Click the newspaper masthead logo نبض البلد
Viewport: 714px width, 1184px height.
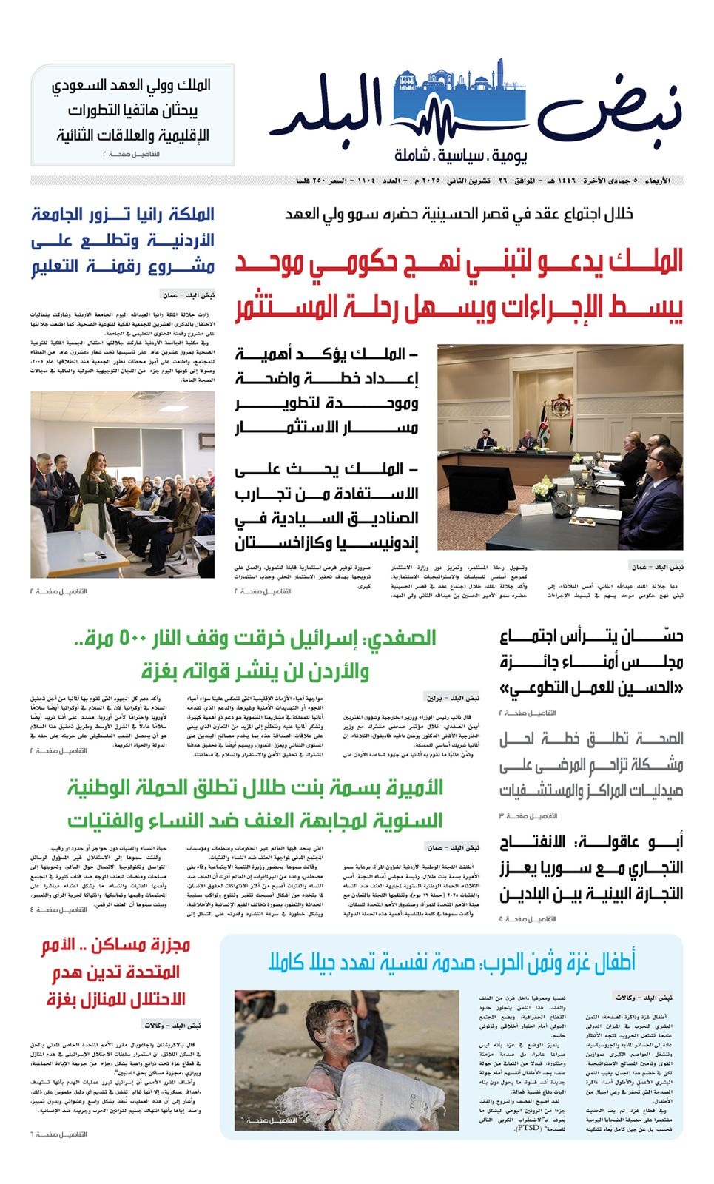point(474,111)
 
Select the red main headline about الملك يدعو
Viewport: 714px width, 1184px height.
point(459,285)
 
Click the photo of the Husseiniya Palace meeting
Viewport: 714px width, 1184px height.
point(560,446)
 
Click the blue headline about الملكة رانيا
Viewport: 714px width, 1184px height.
point(123,240)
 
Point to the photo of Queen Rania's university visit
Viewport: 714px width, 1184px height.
point(123,484)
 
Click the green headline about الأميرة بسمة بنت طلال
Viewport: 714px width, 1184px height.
point(255,804)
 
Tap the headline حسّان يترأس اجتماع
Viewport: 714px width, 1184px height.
point(591,662)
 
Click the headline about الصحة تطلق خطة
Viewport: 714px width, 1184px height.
point(591,764)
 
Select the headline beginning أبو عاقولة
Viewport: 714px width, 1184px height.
point(591,868)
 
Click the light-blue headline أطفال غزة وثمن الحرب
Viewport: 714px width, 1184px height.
point(451,962)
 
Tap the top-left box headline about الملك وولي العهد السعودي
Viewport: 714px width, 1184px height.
point(133,110)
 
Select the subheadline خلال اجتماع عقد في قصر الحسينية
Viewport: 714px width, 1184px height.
point(459,214)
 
